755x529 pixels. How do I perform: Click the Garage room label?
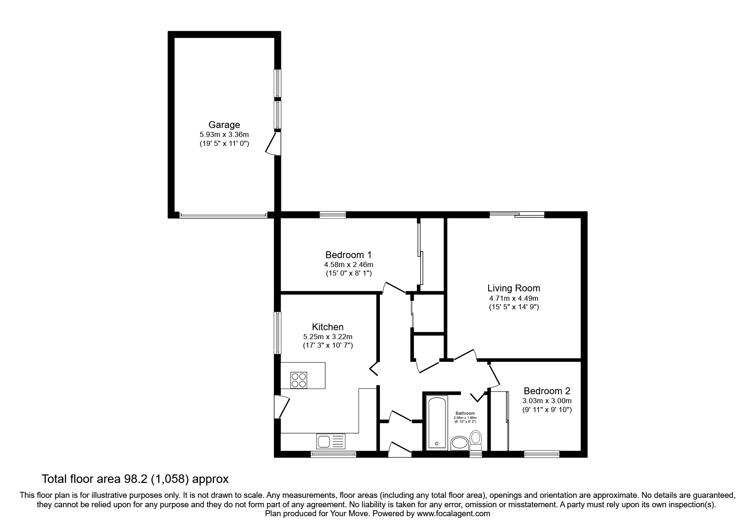[x=224, y=125]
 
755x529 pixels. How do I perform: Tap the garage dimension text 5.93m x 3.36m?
[x=224, y=134]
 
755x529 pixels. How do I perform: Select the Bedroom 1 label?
[x=348, y=255]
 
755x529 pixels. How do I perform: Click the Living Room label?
[x=514, y=288]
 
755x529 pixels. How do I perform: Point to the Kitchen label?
[x=327, y=327]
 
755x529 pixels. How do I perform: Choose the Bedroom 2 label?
[x=547, y=391]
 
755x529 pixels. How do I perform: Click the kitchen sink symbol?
[x=331, y=441]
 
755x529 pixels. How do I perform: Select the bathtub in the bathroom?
[x=437, y=422]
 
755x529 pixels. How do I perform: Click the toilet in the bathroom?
[x=476, y=439]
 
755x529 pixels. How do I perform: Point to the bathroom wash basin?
[x=459, y=444]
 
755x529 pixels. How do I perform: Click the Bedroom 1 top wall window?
[x=333, y=215]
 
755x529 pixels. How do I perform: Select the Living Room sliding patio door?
[x=517, y=215]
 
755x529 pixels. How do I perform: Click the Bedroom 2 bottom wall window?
[x=541, y=454]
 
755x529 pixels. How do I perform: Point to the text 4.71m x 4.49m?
[x=514, y=298]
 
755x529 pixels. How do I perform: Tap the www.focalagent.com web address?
[x=453, y=514]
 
